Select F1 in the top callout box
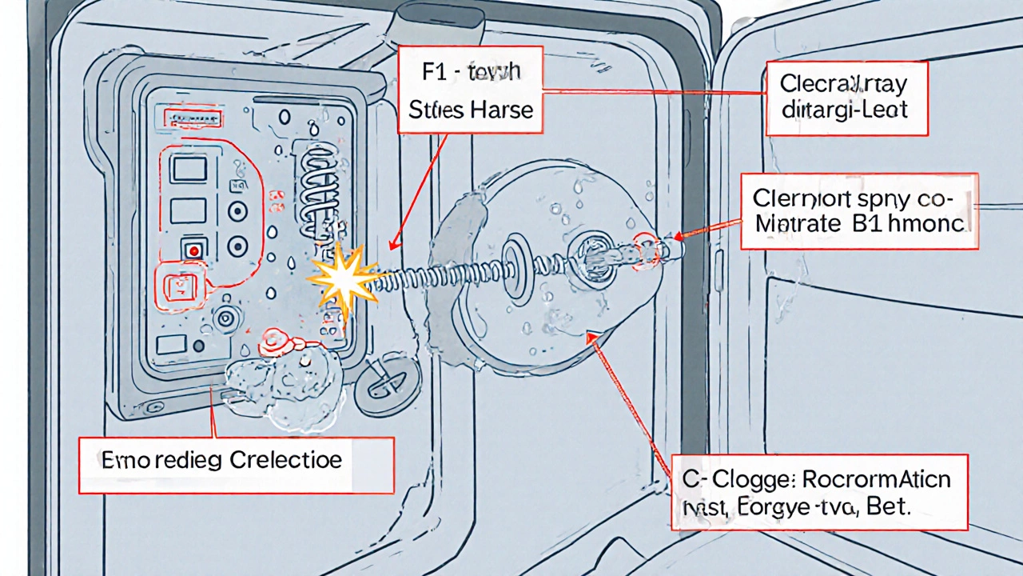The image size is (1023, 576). [436, 71]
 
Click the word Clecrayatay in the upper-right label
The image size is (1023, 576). [846, 82]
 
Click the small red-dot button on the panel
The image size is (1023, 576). [193, 250]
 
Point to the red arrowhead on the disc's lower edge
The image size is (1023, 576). [591, 338]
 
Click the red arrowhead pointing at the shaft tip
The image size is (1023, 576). [679, 237]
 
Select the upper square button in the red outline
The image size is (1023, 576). [189, 170]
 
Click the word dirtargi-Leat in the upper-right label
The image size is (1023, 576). [846, 110]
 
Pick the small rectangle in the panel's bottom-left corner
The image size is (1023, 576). [171, 345]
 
